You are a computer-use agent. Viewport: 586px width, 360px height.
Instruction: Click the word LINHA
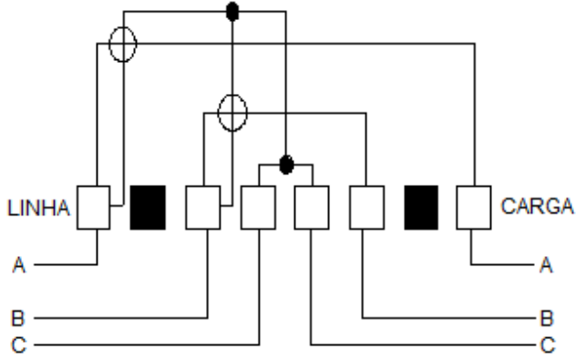(38, 208)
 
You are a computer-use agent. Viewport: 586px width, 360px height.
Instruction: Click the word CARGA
(537, 206)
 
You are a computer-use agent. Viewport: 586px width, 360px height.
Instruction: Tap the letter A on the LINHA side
(19, 265)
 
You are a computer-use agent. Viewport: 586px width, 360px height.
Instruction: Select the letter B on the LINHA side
(18, 318)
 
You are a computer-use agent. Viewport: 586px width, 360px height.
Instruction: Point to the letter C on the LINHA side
(19, 345)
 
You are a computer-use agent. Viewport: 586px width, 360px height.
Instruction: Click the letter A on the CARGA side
(546, 265)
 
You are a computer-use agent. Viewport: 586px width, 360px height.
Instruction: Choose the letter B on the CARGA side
(547, 318)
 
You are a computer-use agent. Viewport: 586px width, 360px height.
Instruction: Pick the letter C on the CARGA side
(548, 345)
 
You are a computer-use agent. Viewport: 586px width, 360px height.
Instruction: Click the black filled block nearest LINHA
(148, 208)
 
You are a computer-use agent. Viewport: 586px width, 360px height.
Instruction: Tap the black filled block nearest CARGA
(421, 208)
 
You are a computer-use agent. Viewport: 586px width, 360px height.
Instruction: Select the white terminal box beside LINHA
(94, 208)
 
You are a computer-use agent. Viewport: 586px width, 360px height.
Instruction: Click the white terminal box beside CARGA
(474, 208)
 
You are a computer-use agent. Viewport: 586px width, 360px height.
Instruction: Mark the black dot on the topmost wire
(232, 12)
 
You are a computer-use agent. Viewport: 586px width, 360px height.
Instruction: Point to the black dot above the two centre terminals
(286, 164)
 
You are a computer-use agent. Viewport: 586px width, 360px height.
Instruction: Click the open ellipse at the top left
(109, 44)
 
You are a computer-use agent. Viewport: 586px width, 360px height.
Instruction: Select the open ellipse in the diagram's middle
(218, 112)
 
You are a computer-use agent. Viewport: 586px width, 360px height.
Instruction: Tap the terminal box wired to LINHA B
(203, 208)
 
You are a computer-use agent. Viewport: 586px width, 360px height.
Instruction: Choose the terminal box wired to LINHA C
(258, 208)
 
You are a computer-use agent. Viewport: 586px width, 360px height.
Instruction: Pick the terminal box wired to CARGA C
(312, 208)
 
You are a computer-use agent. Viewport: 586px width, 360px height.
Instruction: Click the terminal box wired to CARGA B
(366, 208)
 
